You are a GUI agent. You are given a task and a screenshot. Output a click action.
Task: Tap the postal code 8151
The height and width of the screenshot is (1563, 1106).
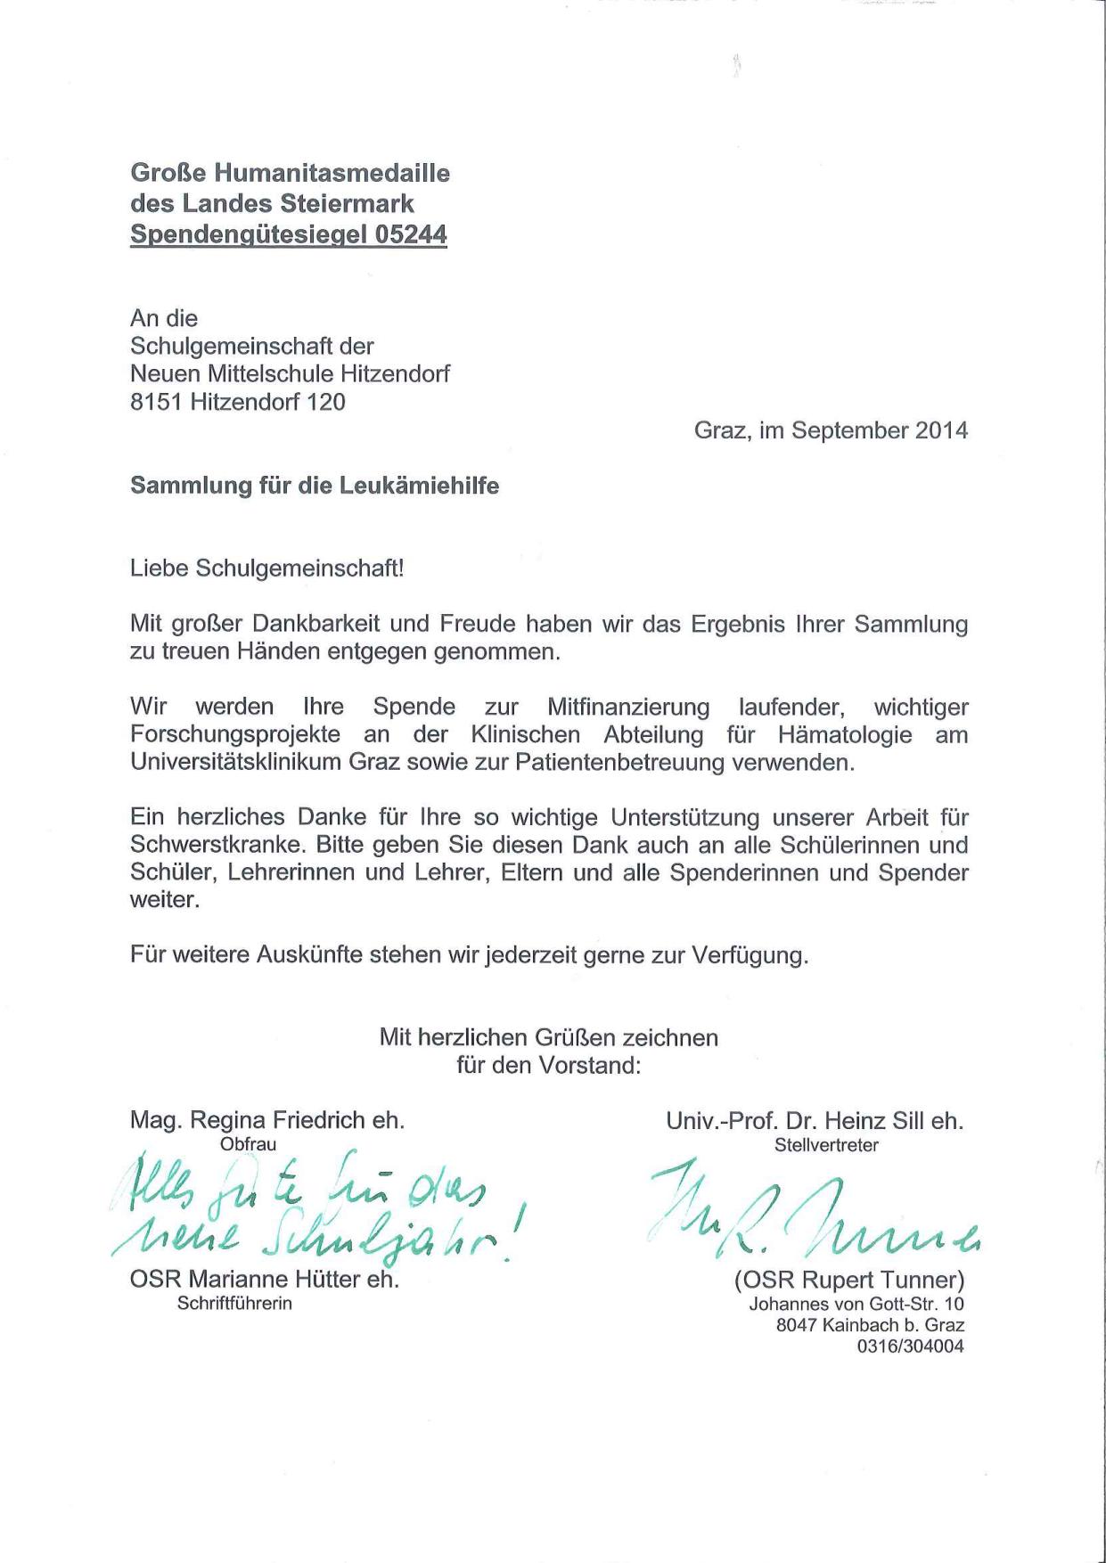156,402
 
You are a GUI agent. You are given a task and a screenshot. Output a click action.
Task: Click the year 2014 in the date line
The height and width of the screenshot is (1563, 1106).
940,430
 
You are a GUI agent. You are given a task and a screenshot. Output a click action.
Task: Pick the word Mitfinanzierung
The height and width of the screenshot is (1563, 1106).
628,708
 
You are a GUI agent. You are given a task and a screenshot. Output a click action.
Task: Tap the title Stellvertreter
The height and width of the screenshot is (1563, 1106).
826,1145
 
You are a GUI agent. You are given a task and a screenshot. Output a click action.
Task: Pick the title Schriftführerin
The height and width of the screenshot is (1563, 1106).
234,1304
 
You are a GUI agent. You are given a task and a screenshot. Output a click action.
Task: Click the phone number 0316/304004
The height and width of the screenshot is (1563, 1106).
910,1346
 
